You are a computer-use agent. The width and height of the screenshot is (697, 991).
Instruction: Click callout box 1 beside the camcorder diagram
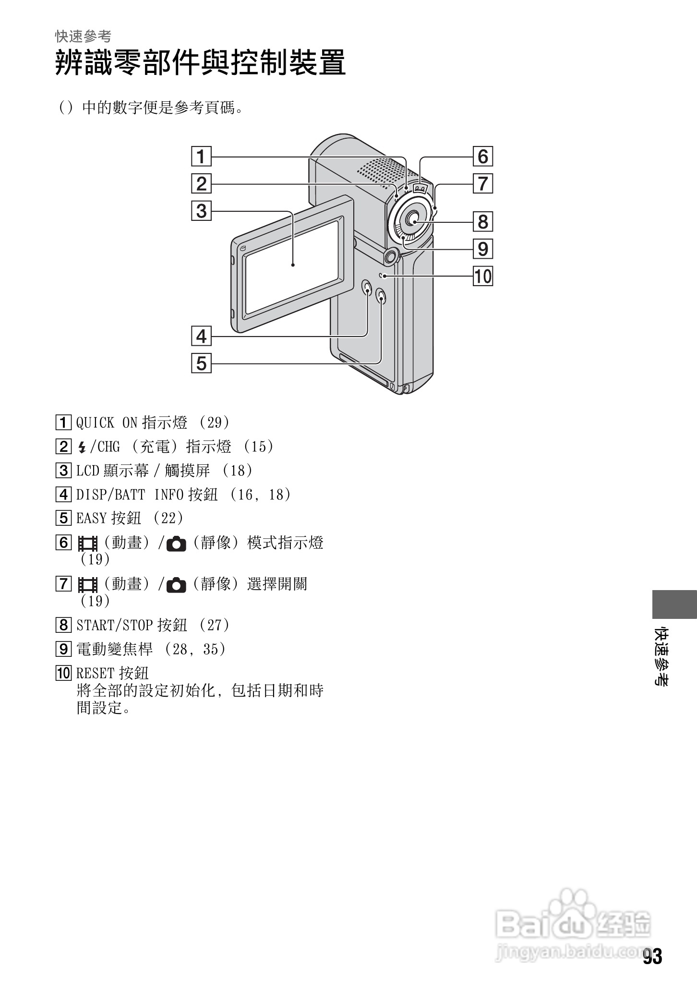(x=201, y=157)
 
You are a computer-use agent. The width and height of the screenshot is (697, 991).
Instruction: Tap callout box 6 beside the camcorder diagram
(x=482, y=157)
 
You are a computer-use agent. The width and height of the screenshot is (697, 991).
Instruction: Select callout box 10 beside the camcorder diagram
(x=482, y=277)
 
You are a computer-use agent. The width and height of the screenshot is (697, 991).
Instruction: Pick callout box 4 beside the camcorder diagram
(x=201, y=336)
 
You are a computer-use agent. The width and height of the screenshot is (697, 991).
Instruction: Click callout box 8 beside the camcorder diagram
(x=482, y=222)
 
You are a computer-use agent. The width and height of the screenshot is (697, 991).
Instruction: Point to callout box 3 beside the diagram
(x=201, y=211)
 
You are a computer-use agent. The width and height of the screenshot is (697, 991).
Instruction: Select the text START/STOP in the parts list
(x=114, y=625)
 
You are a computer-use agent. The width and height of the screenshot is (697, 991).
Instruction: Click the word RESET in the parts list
(x=95, y=673)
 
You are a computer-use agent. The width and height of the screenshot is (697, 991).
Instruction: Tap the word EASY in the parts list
(x=91, y=519)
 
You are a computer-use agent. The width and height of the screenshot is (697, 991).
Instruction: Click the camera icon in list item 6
(x=176, y=544)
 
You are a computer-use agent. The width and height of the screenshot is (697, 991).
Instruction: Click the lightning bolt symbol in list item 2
(x=82, y=447)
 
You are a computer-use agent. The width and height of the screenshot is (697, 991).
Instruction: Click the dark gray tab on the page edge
(x=674, y=604)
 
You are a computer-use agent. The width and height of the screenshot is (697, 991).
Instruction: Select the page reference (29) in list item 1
(x=215, y=423)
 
